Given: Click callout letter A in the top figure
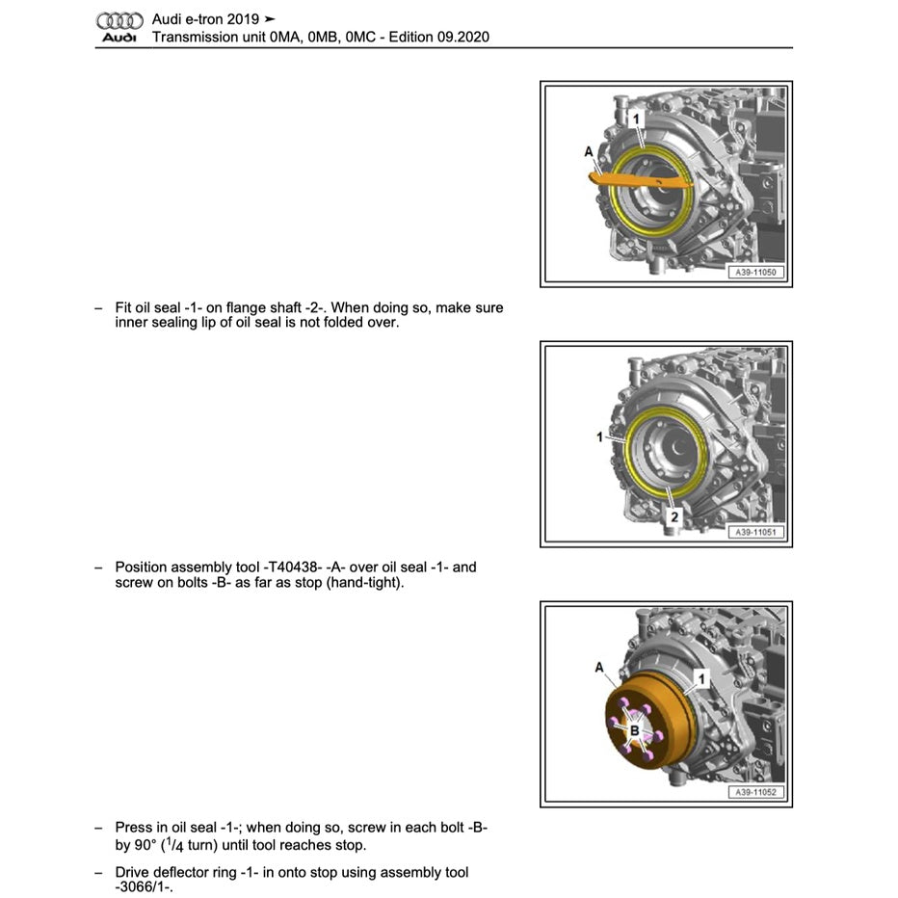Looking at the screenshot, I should coord(589,151).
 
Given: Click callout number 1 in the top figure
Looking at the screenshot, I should coord(636,118).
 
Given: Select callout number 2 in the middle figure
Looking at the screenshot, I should coord(674,517).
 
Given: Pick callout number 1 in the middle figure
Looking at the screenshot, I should coord(599,437).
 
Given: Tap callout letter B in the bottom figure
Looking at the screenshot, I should coord(634,731).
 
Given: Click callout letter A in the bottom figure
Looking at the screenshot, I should coord(600,667).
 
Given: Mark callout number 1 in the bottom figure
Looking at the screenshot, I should coord(701,679).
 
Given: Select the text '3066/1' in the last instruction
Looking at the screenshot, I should coord(144,887).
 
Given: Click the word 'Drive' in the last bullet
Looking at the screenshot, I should coord(134,872).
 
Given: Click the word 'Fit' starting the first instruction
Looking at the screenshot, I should coord(123,308).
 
